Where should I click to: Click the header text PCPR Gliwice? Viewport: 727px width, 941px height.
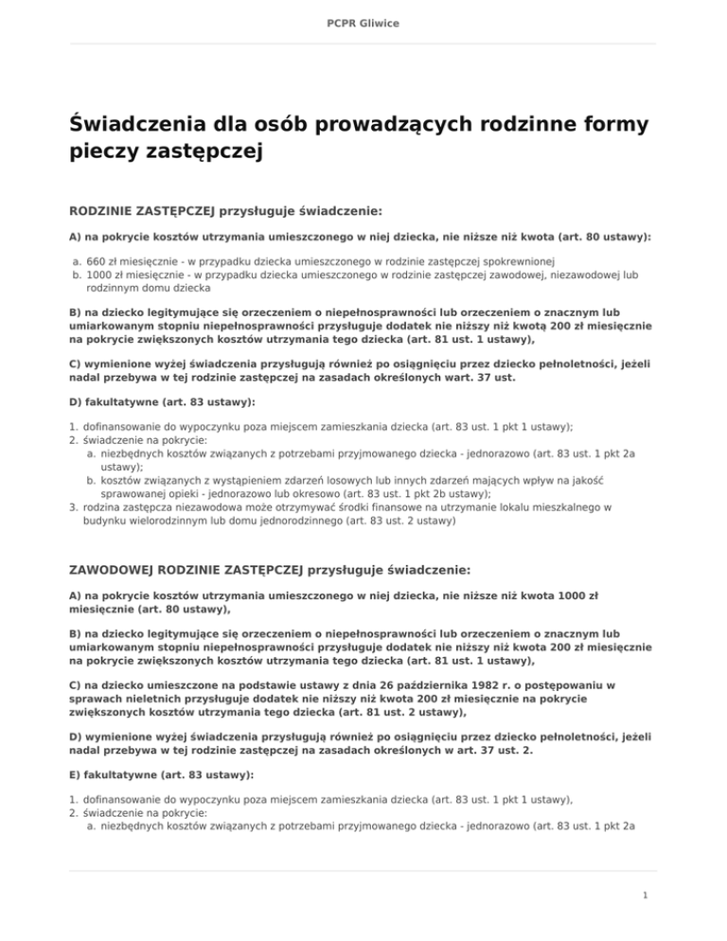point(363,22)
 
